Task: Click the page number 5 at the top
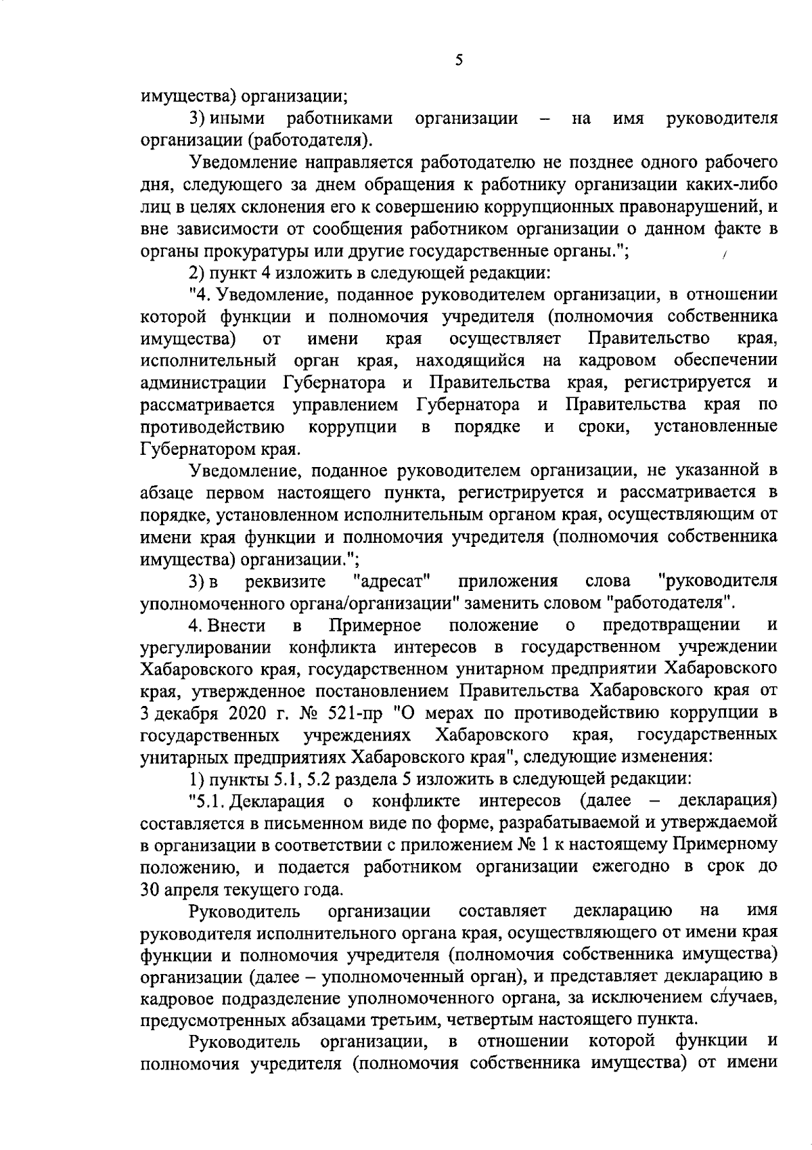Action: [459, 60]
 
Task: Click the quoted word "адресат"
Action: [392, 581]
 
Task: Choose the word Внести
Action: [235, 625]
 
